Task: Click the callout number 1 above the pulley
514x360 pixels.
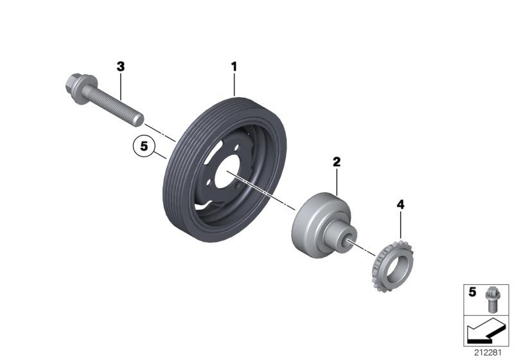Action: click(235, 66)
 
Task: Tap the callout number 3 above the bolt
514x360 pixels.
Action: click(120, 66)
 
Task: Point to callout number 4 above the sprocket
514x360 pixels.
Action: click(400, 205)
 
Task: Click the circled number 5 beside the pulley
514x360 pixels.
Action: click(145, 147)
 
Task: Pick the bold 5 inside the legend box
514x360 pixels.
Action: click(472, 292)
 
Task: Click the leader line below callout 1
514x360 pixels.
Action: click(235, 84)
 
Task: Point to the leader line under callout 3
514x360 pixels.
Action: click(120, 84)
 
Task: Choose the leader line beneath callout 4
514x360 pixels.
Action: click(400, 225)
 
